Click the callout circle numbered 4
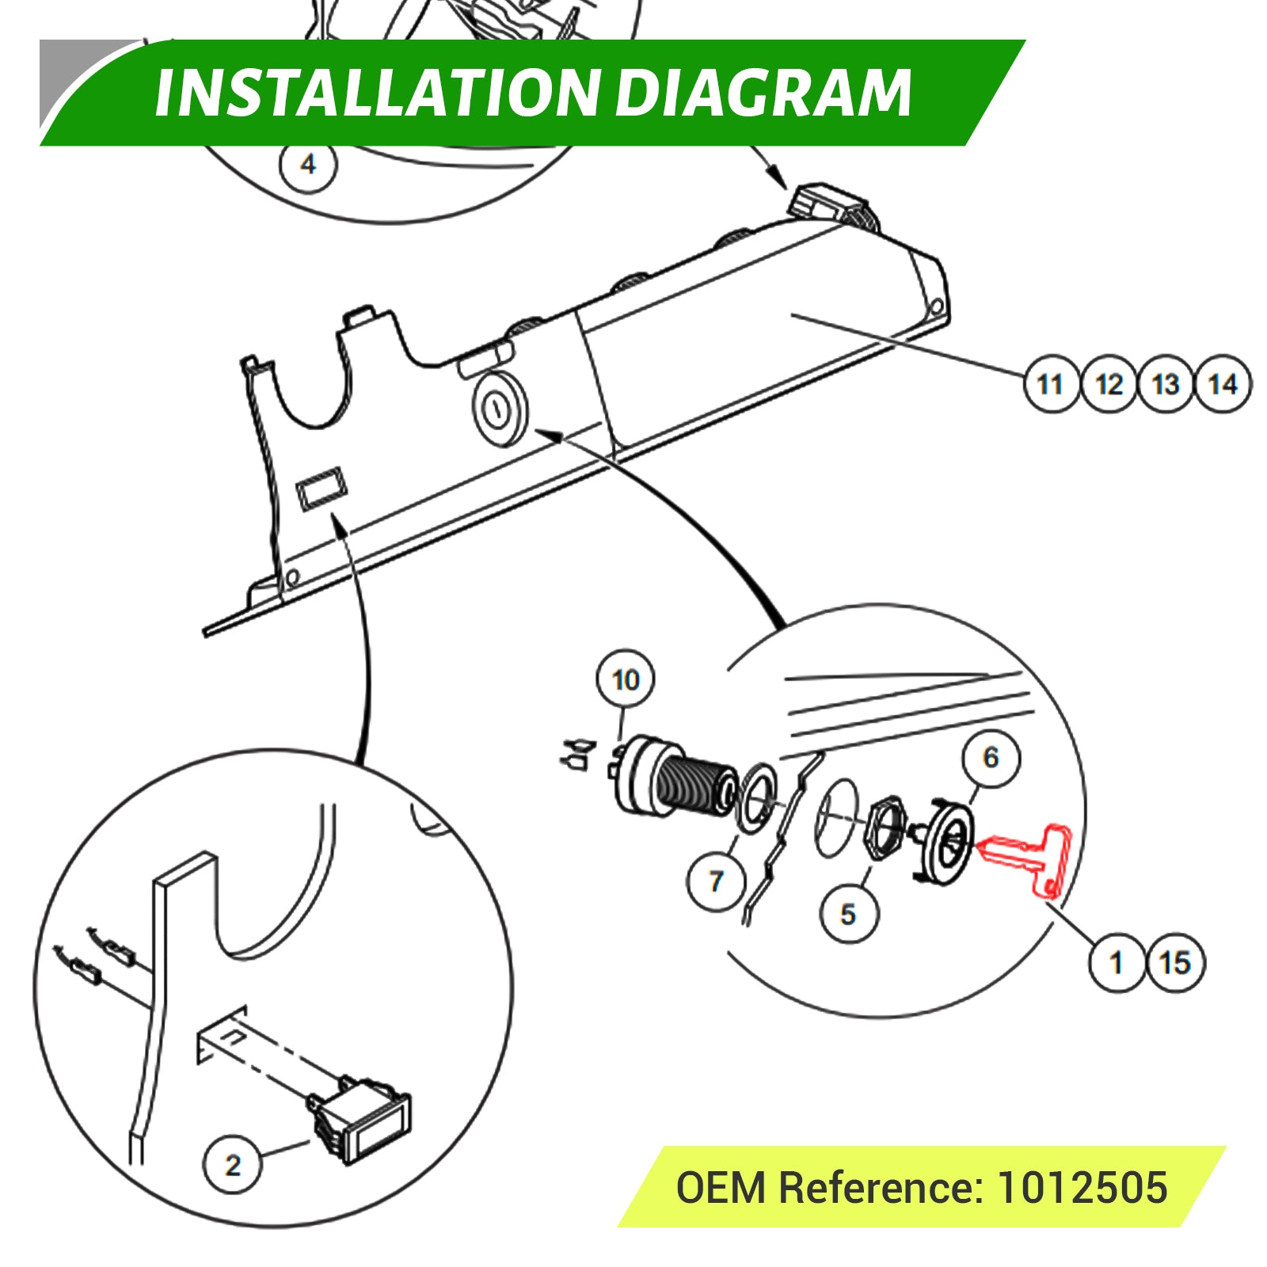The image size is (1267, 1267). tap(308, 165)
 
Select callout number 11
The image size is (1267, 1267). tap(1051, 385)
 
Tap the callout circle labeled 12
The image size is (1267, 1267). tap(1109, 385)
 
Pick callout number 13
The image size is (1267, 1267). tap(1166, 385)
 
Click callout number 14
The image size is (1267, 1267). tap(1223, 385)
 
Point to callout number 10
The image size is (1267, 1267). tap(626, 679)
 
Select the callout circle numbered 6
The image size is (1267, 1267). tap(991, 758)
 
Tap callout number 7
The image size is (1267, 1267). tap(717, 881)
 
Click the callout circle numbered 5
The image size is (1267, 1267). tap(848, 914)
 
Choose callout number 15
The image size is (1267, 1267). tap(1175, 963)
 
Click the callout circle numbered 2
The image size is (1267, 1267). tap(233, 1165)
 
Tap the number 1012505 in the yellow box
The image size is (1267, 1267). tap(1082, 1187)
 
